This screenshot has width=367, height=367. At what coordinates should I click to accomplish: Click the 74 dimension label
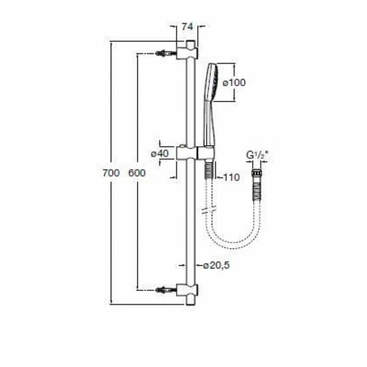(x=187, y=26)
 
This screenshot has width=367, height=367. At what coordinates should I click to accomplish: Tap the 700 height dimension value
(x=111, y=173)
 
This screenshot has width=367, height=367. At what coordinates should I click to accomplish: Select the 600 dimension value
(x=137, y=173)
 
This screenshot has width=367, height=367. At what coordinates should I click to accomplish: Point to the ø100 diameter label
(x=234, y=83)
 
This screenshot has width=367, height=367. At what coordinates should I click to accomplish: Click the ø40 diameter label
(x=160, y=153)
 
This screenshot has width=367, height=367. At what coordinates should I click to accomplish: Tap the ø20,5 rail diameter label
(x=217, y=265)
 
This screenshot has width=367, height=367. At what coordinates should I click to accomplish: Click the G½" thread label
(x=258, y=156)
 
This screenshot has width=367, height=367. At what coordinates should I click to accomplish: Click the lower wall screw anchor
(x=166, y=290)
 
